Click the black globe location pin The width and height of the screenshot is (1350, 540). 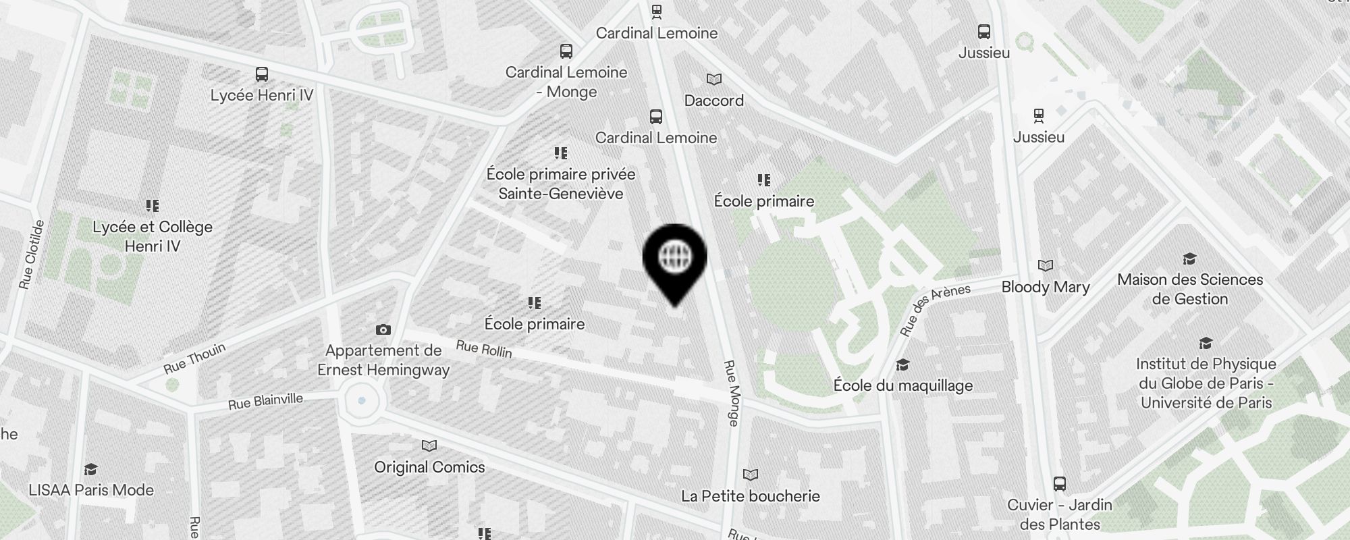point(674,260)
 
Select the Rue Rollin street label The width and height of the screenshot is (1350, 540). point(484,349)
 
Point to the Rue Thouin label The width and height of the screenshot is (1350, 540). point(194,358)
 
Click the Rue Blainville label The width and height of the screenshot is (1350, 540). point(265,402)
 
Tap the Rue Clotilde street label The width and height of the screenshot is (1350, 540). point(32,255)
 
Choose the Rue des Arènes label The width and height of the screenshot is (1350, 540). point(935,310)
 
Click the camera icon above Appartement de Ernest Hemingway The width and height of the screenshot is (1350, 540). point(383,329)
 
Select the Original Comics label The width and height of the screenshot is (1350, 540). point(429,467)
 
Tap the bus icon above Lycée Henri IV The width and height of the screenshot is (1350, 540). point(262,74)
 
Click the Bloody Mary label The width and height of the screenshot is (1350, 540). point(1046,287)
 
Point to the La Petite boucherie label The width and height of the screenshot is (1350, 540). point(751,496)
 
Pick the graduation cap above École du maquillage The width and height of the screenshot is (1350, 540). point(902,365)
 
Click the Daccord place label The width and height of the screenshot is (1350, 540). point(714,101)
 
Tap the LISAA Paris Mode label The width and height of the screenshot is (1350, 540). point(91,490)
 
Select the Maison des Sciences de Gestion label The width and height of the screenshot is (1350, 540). point(1190,289)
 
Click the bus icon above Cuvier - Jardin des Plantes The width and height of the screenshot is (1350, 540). point(1060,483)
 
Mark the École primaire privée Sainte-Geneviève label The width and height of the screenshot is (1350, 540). point(561,184)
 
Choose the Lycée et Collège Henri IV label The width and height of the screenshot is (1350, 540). point(153,236)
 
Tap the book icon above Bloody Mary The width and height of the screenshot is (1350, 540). point(1046,265)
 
